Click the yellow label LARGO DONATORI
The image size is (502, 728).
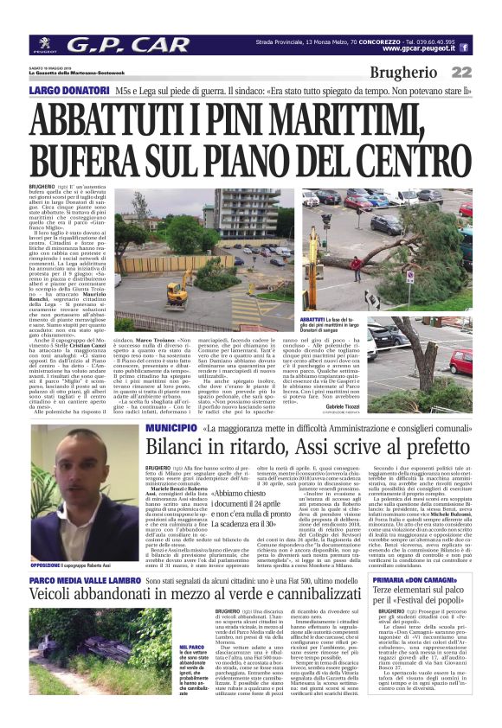[x=68, y=90]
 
